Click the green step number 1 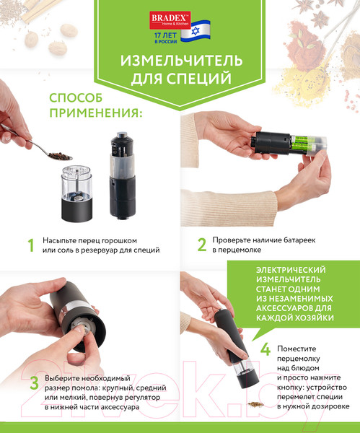point(30,245)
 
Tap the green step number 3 point(31,382)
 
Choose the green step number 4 point(265,351)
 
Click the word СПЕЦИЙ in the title point(199,76)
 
